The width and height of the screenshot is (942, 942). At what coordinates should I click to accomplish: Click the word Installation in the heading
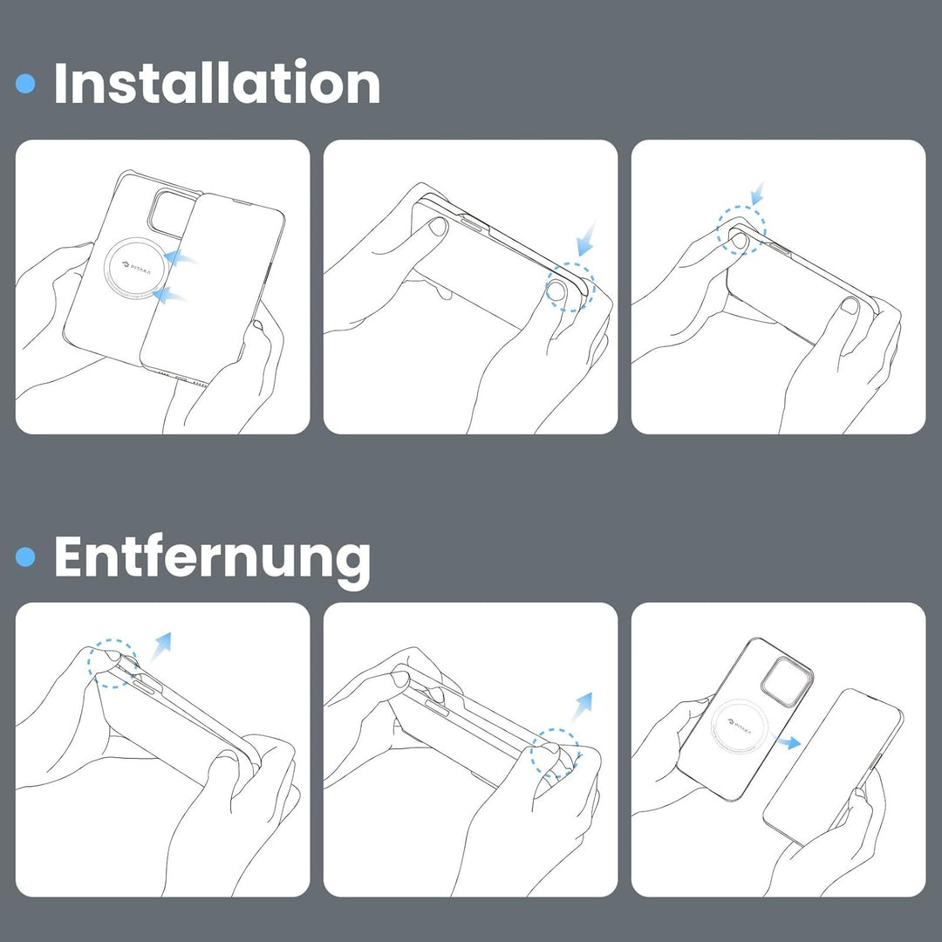click(x=217, y=83)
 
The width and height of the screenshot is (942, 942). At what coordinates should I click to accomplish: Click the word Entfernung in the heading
click(x=212, y=558)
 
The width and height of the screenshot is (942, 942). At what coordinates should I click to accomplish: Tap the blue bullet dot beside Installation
click(x=25, y=84)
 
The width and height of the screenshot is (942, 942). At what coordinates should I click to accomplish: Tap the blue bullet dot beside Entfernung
click(x=25, y=556)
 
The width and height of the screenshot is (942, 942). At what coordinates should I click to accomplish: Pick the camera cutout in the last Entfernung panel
click(x=787, y=681)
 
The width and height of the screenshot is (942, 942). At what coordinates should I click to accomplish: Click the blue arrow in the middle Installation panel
click(x=586, y=239)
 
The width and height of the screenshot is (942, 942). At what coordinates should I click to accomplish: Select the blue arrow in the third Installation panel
click(x=758, y=194)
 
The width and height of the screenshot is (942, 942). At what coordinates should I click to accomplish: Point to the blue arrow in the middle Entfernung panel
click(x=582, y=706)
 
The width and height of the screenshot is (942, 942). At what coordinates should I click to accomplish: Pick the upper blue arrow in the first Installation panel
click(x=181, y=257)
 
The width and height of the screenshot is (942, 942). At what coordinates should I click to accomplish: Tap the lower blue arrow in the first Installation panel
click(x=169, y=295)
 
